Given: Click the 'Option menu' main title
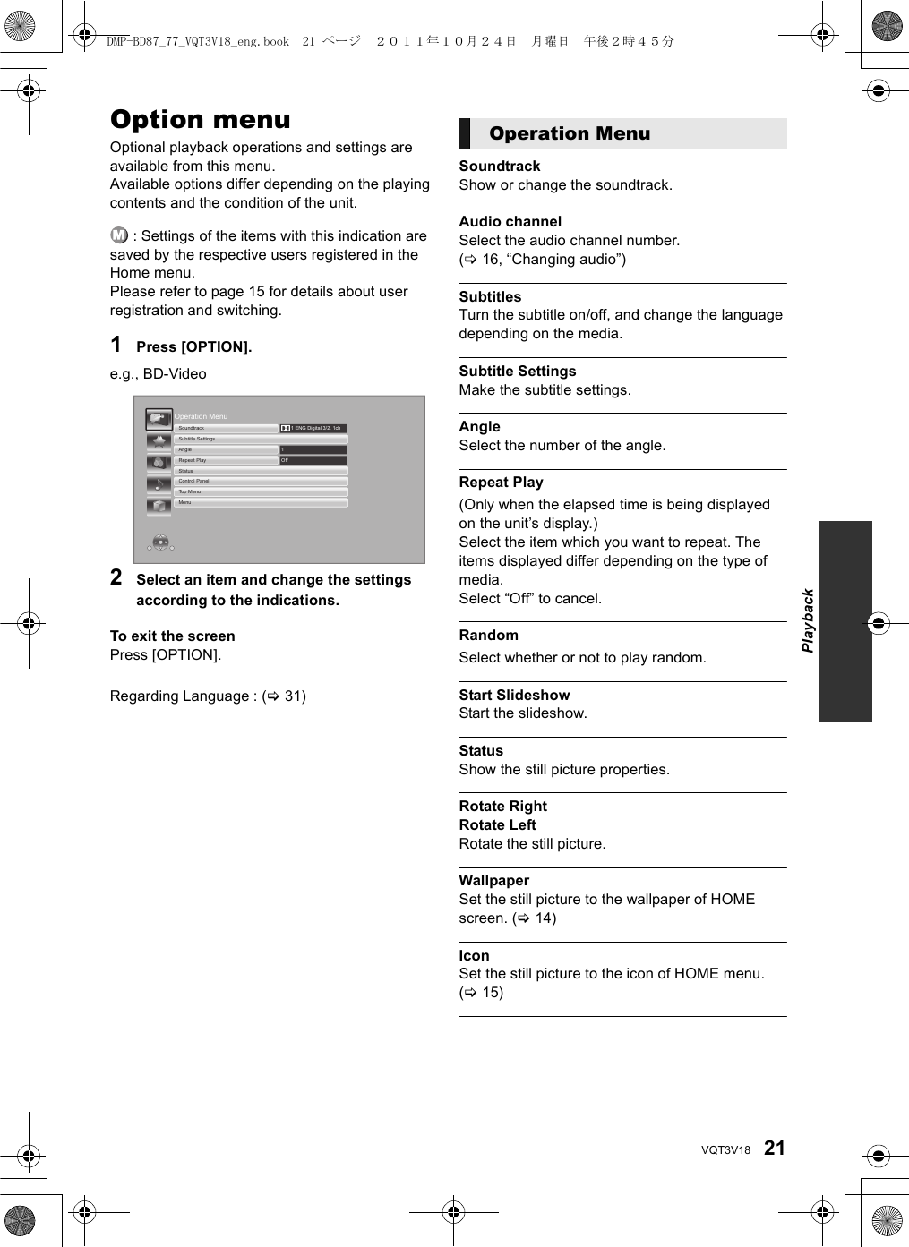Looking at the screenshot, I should [x=200, y=119].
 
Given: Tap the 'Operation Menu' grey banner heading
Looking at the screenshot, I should [x=570, y=133].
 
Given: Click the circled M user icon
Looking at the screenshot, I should [x=119, y=235].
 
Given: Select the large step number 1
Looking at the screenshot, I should [x=116, y=345].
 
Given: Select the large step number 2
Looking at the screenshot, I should [x=116, y=577].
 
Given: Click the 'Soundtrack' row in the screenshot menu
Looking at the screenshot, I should [x=227, y=428].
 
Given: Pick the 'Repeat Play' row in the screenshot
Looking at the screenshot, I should [x=227, y=460].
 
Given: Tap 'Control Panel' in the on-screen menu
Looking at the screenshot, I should [x=260, y=481].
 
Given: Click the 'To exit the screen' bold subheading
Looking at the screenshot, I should [x=172, y=636].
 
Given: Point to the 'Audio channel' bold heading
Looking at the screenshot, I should [x=510, y=221].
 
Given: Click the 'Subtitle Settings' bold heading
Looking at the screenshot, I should [x=517, y=371].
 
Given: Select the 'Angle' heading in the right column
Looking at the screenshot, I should [x=479, y=426].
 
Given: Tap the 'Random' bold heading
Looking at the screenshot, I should [x=488, y=635].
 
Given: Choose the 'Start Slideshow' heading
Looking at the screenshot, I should [x=514, y=695].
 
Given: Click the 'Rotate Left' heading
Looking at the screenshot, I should [x=497, y=824].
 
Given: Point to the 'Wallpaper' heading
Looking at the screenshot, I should [x=493, y=880].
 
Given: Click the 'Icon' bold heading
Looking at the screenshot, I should [x=474, y=955].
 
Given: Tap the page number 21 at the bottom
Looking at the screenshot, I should [x=774, y=1148].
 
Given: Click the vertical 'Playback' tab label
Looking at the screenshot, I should [x=808, y=620].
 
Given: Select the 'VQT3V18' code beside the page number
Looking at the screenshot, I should [x=725, y=1150].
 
